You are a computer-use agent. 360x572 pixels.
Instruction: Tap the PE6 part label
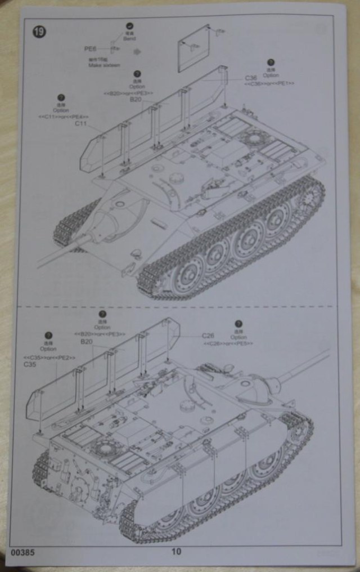91,49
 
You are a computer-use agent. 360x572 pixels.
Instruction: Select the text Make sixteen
101,65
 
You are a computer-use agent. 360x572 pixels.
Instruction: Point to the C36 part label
251,78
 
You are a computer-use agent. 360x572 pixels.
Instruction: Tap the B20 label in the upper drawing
135,100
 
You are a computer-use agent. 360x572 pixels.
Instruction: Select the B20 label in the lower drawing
86,342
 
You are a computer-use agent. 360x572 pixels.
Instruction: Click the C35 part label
30,364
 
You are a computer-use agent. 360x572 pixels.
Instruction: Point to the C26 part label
208,336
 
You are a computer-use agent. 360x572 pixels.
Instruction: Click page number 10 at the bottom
176,552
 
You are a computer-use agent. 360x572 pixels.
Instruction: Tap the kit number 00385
22,552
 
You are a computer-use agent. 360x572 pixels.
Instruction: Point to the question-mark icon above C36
270,62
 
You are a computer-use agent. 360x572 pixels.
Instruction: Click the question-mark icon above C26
238,324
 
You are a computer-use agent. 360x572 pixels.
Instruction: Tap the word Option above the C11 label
61,110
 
